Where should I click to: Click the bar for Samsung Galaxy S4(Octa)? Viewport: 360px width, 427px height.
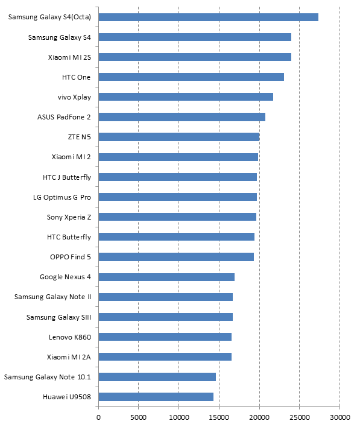[x=208, y=17]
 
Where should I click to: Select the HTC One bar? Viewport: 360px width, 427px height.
[x=191, y=77]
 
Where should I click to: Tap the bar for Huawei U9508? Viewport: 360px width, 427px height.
[x=156, y=397]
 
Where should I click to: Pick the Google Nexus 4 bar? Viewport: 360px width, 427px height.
[x=166, y=277]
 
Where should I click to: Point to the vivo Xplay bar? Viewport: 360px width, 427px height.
[x=186, y=97]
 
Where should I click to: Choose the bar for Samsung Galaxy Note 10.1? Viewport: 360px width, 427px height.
[x=157, y=377]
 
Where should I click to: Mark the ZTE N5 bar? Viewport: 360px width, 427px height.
[x=179, y=137]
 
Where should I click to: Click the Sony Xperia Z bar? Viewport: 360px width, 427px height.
[x=177, y=217]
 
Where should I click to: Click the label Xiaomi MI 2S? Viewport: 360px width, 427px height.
[x=69, y=57]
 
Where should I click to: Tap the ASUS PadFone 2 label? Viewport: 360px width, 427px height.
[x=64, y=117]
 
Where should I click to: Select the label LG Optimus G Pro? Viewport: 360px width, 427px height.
[x=62, y=197]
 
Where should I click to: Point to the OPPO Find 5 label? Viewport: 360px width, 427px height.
[x=71, y=257]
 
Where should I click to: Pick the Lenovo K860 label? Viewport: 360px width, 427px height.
[x=70, y=337]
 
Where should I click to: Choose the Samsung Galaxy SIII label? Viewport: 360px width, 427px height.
[x=59, y=317]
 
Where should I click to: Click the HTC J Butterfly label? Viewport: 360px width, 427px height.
[x=67, y=177]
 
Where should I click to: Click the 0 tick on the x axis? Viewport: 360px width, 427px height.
[x=98, y=417]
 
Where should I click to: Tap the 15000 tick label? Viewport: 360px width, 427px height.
[x=219, y=417]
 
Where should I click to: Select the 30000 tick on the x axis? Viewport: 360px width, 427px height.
[x=340, y=417]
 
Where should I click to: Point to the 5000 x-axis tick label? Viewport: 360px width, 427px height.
[x=138, y=417]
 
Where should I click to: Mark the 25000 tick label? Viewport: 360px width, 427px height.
[x=300, y=417]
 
